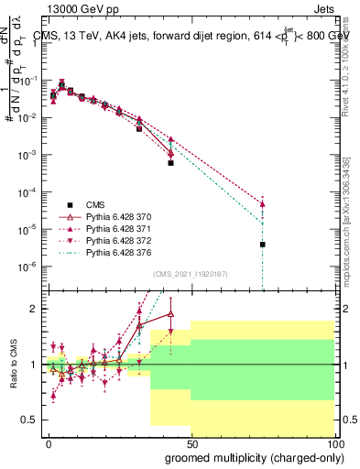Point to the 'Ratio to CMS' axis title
coord(12,365)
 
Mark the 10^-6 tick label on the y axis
coord(28,267)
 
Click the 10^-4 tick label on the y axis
coord(28,192)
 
